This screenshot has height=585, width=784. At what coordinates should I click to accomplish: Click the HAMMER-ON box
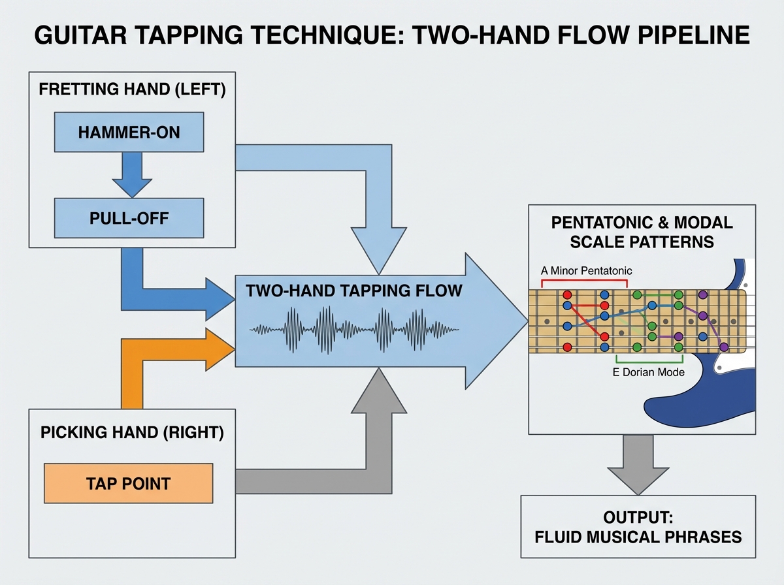[x=129, y=133]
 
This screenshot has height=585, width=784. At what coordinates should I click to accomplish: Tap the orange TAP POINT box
[x=128, y=483]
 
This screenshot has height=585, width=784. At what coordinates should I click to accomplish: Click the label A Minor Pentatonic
[x=586, y=270]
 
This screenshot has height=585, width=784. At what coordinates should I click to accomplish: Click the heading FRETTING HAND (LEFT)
[x=132, y=89]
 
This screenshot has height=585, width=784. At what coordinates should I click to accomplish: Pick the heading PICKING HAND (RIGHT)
[x=131, y=432]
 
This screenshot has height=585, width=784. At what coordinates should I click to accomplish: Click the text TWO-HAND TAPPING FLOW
[x=353, y=291]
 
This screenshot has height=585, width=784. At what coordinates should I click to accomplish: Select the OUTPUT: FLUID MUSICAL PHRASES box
[x=638, y=526]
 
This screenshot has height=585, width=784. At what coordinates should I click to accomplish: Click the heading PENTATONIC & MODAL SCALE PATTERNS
[x=642, y=232]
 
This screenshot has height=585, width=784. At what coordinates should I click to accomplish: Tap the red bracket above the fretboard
[x=585, y=281]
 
